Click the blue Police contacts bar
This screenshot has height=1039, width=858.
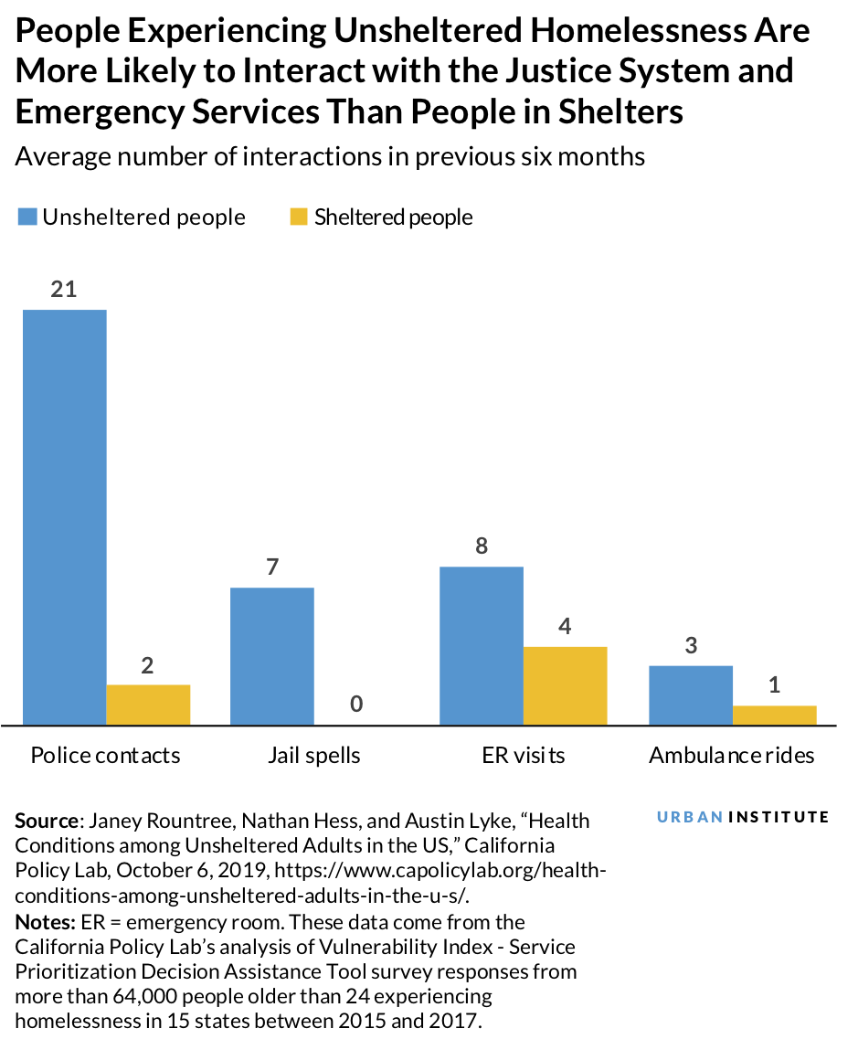pos(64,517)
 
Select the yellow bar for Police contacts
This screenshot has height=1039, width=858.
pos(148,705)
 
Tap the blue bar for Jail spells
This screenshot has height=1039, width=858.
pos(271,656)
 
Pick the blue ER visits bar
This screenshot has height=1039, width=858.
pos(482,645)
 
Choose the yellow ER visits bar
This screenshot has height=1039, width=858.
pos(565,685)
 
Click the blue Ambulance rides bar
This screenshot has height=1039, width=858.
pos(690,694)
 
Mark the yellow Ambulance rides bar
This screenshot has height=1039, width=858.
pos(774,715)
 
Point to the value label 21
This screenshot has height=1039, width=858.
pos(64,290)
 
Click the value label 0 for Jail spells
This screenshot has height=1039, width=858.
pos(356,704)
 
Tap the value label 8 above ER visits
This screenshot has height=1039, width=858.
pos(482,546)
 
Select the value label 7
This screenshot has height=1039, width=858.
pos(271,567)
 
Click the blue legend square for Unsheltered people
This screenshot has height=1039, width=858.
pos(26,217)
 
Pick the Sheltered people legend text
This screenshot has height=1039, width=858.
pos(393,217)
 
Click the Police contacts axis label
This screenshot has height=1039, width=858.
pos(105,756)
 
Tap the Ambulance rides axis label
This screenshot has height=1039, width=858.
pos(731,756)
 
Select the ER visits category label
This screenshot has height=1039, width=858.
pos(524,756)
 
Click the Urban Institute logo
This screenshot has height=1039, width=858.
pos(743,817)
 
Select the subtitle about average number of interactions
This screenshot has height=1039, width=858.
pos(330,157)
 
